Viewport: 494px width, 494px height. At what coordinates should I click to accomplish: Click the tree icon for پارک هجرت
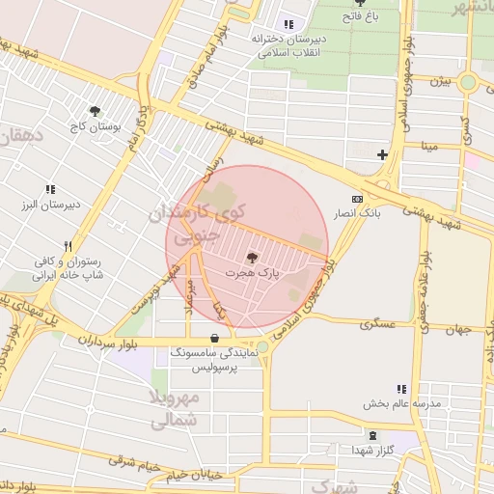(x=253, y=258)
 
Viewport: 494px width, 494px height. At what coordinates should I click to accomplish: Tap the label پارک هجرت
(x=253, y=274)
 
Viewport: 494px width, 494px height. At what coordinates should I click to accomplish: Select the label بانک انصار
(x=357, y=212)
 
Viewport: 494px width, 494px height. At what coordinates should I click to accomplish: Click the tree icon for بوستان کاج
(x=95, y=111)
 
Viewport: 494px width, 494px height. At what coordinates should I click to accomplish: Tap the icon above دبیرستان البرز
(x=50, y=189)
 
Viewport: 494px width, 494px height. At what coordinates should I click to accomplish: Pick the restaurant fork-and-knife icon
(x=68, y=246)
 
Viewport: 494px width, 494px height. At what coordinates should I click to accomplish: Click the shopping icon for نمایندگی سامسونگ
(x=214, y=339)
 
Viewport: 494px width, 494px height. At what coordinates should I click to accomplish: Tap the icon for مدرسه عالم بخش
(x=401, y=389)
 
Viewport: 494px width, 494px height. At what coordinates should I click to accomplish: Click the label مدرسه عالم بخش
(x=401, y=404)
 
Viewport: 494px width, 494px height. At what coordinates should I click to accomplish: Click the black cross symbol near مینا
(x=383, y=154)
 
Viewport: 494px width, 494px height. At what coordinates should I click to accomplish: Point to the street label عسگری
(x=379, y=324)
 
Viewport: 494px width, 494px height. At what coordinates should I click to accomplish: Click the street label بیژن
(x=441, y=81)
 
